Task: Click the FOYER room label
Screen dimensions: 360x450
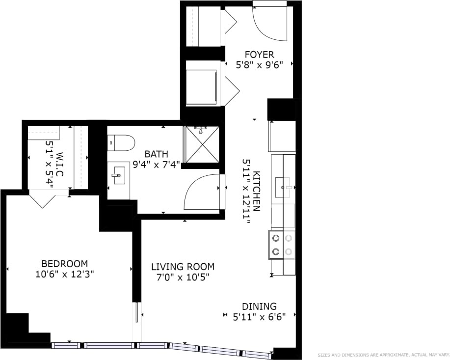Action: pos(260,55)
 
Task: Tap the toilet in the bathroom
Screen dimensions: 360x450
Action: pos(120,143)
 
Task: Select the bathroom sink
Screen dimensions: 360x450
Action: pos(118,175)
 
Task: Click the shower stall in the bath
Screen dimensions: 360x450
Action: pos(201,144)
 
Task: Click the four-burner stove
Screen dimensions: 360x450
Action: pos(282,245)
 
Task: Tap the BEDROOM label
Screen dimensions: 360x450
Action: pos(64,264)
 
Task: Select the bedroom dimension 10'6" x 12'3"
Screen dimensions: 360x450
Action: pos(64,275)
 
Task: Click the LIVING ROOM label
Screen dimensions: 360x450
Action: pos(183,267)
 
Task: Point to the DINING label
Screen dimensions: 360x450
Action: pos(259,306)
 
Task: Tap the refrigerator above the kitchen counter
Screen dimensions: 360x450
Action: pos(282,136)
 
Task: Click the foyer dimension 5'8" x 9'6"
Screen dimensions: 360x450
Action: pos(260,64)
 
